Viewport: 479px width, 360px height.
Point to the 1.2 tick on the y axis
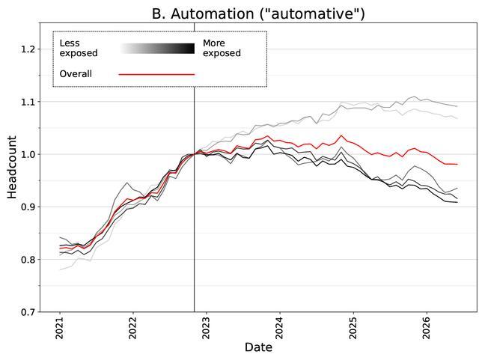pos(28,49)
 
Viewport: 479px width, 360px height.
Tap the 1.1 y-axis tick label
pos(28,102)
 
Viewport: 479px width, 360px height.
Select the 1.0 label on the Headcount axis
pos(28,154)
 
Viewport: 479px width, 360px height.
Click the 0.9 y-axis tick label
pos(28,207)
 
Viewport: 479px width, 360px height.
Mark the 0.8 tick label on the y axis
pos(28,260)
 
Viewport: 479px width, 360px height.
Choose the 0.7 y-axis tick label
pos(28,312)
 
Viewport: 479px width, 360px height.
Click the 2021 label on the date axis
pos(60,329)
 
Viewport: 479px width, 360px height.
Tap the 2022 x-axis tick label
pos(133,329)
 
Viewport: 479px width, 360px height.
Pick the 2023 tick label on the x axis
pos(207,329)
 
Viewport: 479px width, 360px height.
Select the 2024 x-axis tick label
pos(280,329)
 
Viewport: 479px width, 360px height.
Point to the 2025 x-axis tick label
pos(353,329)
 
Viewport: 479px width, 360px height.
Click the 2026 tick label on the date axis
pos(427,329)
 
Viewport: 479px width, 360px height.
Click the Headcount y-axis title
pos(12,167)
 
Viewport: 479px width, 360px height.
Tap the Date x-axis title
pos(258,347)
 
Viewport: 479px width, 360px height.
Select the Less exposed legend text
pos(79,48)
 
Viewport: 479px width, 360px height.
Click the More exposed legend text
pos(222,48)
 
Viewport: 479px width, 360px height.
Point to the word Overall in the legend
pos(76,74)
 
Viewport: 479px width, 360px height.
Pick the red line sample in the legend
pos(156,74)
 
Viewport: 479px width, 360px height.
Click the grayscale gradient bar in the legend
pos(157,49)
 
